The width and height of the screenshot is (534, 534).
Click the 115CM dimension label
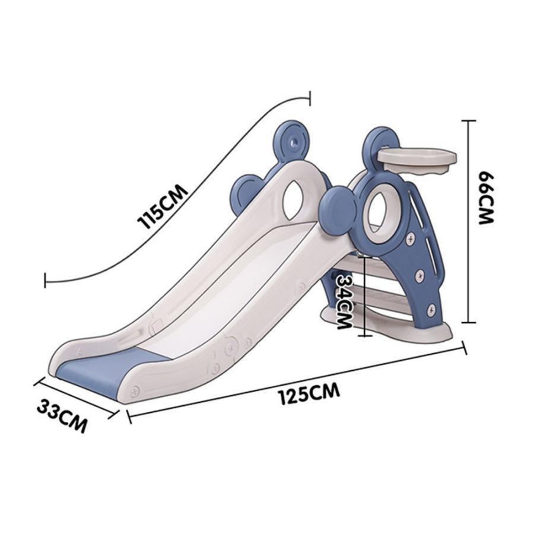tap(162, 208)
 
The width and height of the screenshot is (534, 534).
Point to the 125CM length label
tap(309, 394)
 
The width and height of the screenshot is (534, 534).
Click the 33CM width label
tap(62, 416)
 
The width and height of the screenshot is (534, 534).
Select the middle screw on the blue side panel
tap(420, 275)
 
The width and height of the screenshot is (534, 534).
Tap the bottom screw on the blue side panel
tap(431, 309)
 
